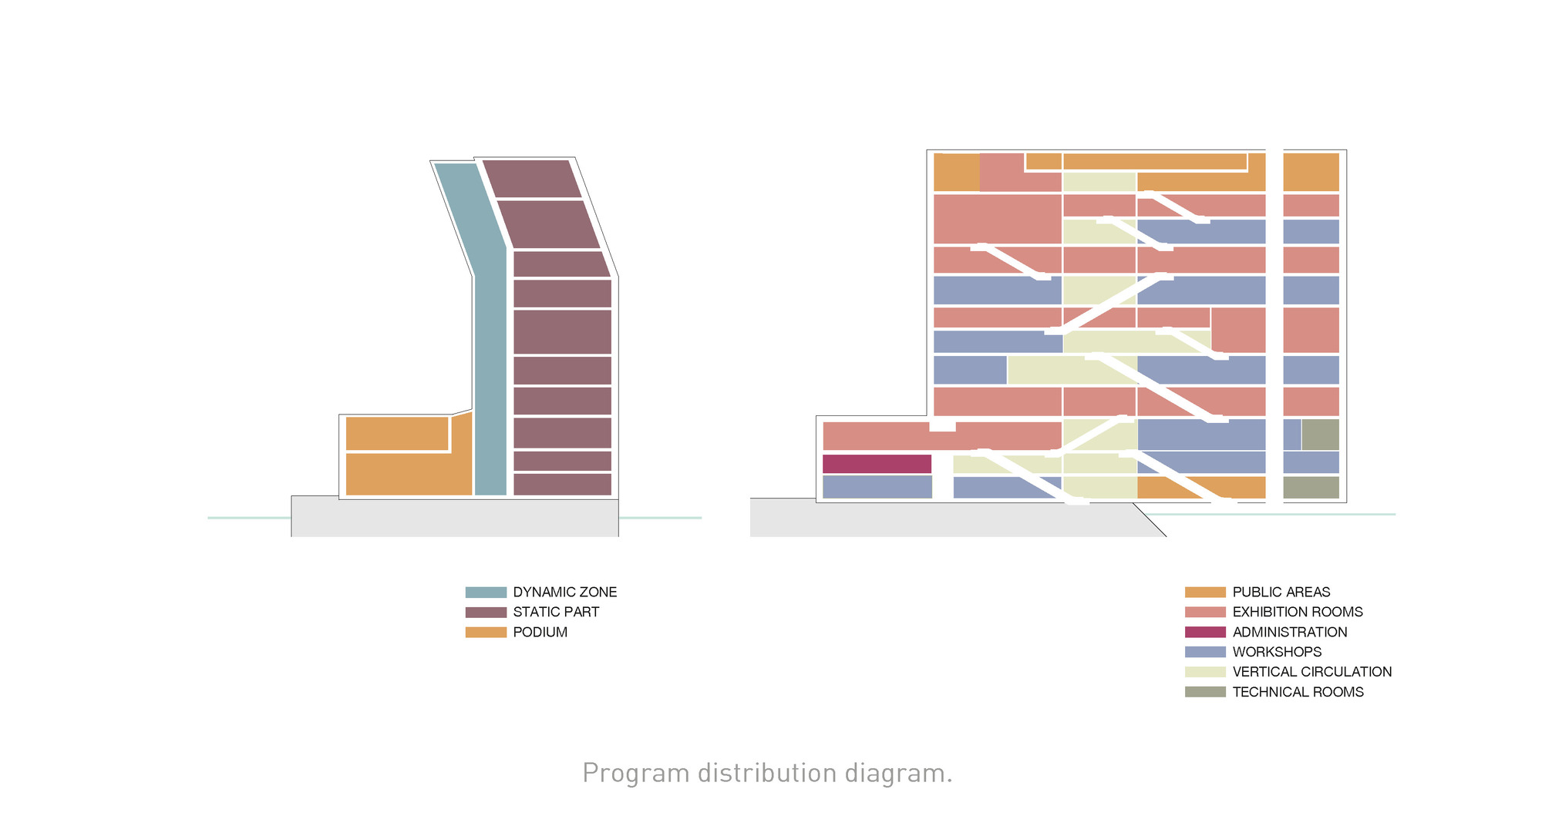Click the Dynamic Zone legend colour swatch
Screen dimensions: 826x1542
click(x=486, y=592)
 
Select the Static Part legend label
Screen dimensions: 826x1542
click(x=556, y=612)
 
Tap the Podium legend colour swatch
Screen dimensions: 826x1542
click(x=486, y=632)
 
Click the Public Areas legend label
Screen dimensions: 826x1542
click(x=1281, y=592)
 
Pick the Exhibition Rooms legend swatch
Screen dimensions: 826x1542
click(x=1205, y=612)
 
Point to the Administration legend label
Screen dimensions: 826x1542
click(x=1290, y=632)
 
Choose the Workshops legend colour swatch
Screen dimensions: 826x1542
click(x=1205, y=652)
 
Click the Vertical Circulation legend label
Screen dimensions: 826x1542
click(x=1312, y=672)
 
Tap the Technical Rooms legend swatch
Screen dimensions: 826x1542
click(x=1205, y=692)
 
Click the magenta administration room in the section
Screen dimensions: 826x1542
click(x=877, y=464)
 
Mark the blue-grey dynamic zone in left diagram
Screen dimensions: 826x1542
click(x=490, y=370)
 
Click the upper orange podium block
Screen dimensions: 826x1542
click(x=397, y=433)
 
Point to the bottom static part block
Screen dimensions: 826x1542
click(x=562, y=485)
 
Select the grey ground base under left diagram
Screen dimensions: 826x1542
click(x=455, y=518)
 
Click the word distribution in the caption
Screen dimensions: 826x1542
click(x=767, y=774)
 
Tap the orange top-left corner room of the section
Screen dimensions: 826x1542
click(x=956, y=172)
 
